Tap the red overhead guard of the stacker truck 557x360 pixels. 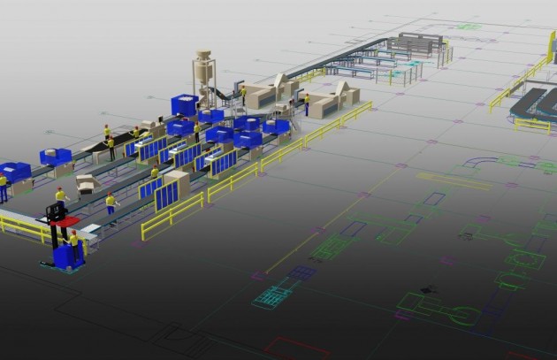(65, 220)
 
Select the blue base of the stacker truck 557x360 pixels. (67, 257)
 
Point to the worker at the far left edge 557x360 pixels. (4, 186)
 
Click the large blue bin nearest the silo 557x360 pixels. (185, 105)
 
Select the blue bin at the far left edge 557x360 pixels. (14, 172)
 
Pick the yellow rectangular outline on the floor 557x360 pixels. (454, 181)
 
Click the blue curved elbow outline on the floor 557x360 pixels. (482, 164)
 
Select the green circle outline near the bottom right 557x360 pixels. (462, 315)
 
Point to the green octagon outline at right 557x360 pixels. (525, 260)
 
